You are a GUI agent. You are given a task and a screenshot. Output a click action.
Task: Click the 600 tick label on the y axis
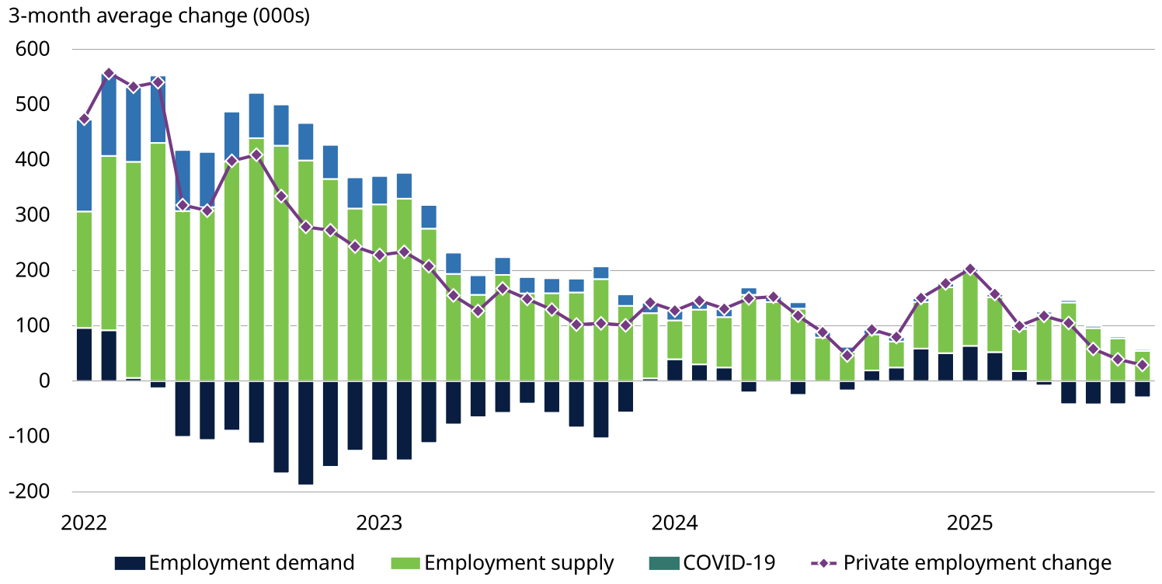(32, 50)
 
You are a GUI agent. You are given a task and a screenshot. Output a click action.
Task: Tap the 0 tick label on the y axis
(43, 381)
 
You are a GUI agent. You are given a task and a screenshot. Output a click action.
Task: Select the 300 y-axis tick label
(32, 216)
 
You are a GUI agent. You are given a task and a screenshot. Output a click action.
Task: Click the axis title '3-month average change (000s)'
(158, 16)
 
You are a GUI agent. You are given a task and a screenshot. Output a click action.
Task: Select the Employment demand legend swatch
(129, 563)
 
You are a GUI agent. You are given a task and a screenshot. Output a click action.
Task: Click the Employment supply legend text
(519, 563)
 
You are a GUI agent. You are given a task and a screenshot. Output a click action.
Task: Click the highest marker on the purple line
(109, 75)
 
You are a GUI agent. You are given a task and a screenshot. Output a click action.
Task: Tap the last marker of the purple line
(1142, 365)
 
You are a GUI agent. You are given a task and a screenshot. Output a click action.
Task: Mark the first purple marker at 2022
(84, 120)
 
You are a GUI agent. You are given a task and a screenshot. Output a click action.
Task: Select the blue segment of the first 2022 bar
(84, 165)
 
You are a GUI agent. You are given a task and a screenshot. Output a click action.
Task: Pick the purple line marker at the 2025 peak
(969, 269)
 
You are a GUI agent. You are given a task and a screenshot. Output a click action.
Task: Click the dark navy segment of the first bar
(84, 355)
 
